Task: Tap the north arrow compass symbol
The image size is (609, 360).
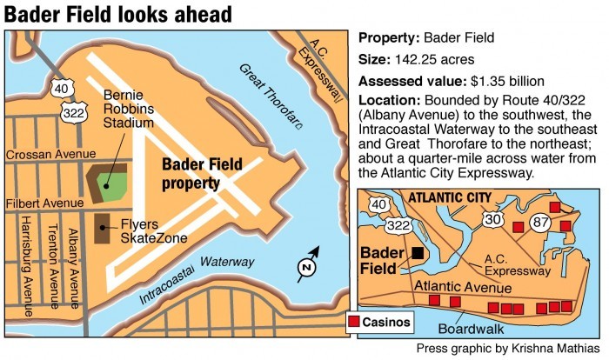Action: click(306, 267)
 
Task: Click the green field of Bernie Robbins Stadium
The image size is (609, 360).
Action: click(110, 183)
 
